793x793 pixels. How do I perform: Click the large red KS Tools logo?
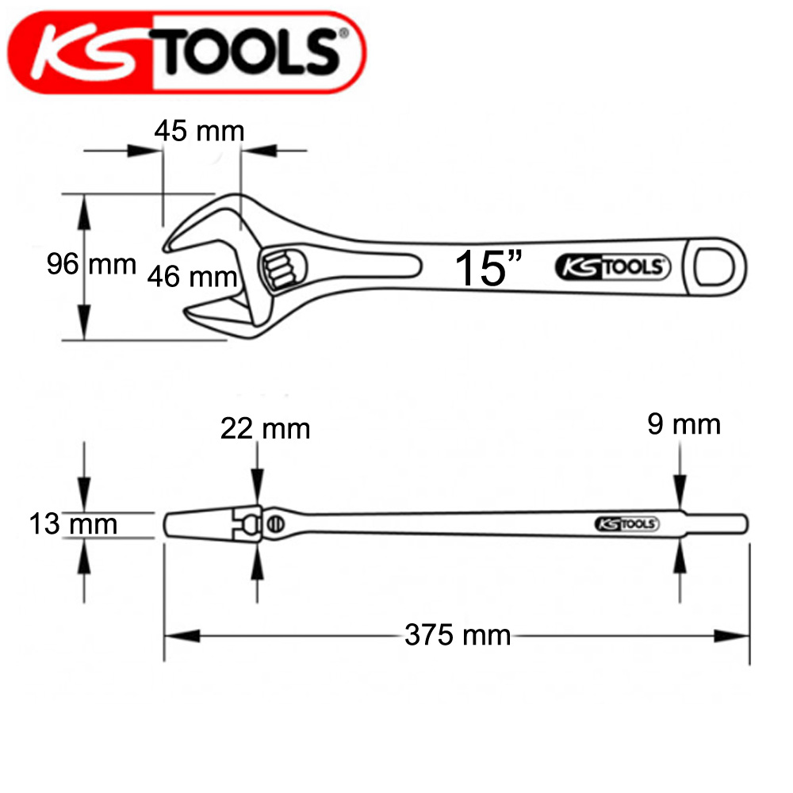[x=186, y=52]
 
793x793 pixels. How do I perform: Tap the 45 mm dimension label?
[x=199, y=131]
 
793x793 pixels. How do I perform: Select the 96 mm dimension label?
[x=91, y=264]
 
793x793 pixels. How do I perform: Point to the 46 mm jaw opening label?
[x=192, y=277]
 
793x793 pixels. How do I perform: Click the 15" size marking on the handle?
[x=488, y=268]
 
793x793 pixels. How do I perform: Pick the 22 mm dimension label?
[x=265, y=429]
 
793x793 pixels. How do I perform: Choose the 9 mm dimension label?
[x=684, y=424]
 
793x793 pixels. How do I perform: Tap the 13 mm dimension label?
[x=73, y=523]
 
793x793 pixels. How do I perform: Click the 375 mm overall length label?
[x=458, y=635]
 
